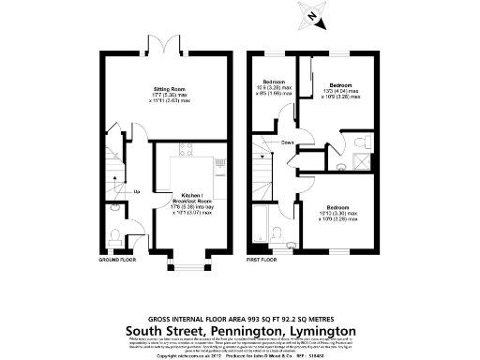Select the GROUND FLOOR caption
coord(117,258)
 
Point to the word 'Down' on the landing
coord(286,142)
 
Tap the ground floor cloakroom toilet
coord(113,234)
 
